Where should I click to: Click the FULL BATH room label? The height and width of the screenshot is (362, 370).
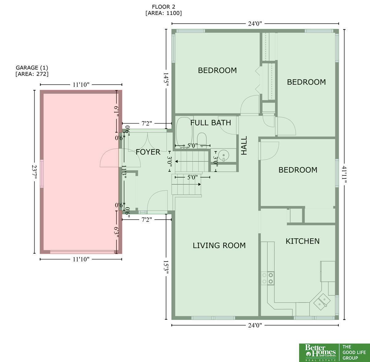pos(211,123)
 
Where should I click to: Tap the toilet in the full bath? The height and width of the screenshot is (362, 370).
pos(202,139)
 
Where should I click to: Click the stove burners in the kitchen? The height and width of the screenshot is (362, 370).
pos(267,278)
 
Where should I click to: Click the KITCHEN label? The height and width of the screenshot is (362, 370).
pos(302,241)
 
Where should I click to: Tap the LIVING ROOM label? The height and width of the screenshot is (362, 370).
pos(219,245)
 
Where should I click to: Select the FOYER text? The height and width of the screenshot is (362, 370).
pos(148,152)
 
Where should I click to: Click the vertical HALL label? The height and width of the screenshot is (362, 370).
pos(244,145)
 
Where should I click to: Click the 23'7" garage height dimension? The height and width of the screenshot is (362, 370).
pos(35,172)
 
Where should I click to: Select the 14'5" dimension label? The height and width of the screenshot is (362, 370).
pos(166,79)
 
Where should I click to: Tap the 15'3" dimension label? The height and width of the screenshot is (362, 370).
pos(166,267)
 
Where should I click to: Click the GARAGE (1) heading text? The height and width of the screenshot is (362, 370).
pos(32,68)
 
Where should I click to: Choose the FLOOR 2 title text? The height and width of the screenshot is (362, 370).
pos(164,7)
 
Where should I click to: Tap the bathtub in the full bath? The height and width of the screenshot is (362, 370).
pos(184,132)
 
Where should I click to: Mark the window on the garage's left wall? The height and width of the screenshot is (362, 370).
pos(42,173)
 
